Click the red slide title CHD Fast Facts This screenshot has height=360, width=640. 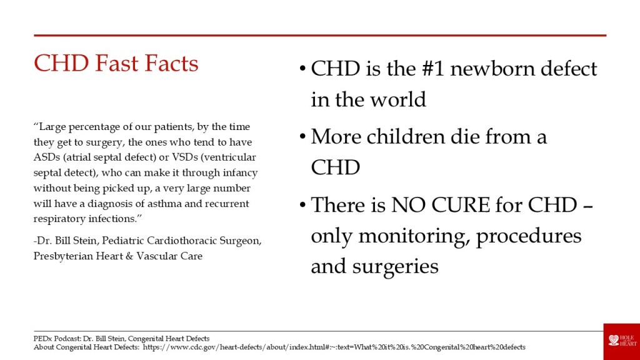pos(116,63)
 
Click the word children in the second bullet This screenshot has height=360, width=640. pos(405,136)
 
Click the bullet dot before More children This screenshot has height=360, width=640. pos(302,136)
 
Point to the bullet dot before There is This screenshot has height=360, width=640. pos(302,204)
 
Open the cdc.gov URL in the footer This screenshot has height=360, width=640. pos(334,347)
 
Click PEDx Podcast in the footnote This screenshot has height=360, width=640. pos(57,339)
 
